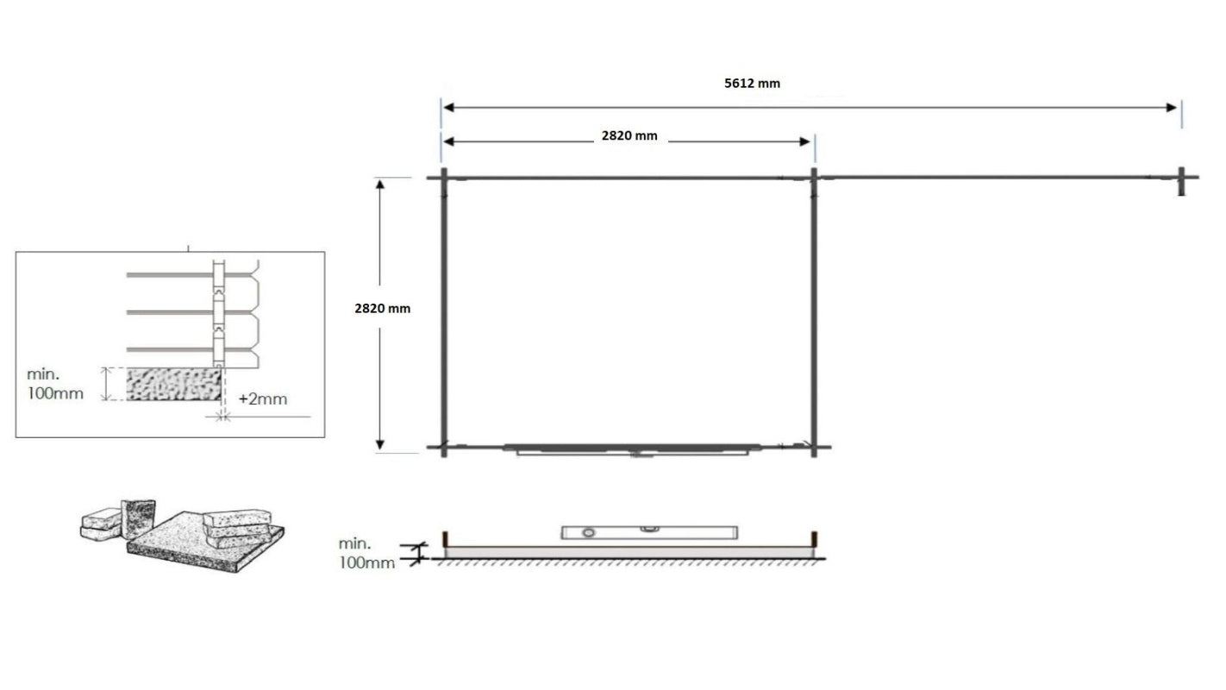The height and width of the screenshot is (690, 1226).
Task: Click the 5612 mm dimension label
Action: pyautogui.click(x=752, y=84)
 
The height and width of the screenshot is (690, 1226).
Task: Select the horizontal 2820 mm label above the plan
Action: pyautogui.click(x=629, y=135)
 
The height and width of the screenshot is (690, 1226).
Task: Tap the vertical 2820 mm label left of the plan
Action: pyautogui.click(x=383, y=308)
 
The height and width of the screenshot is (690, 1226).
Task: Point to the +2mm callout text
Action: pyautogui.click(x=262, y=399)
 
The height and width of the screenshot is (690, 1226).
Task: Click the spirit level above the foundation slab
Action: pyautogui.click(x=647, y=531)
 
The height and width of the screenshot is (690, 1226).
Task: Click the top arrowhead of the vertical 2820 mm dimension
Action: pyautogui.click(x=380, y=184)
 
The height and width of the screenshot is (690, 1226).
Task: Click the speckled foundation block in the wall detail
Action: pyautogui.click(x=173, y=383)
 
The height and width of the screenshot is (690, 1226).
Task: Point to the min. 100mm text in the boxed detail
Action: pyautogui.click(x=55, y=384)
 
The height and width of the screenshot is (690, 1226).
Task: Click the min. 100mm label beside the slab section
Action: pyautogui.click(x=366, y=553)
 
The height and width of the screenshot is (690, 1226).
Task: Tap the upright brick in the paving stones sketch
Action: pyautogui.click(x=138, y=518)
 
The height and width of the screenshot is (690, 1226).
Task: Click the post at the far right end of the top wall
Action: pyautogui.click(x=1183, y=180)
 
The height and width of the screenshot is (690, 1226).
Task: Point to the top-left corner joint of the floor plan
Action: pyautogui.click(x=443, y=179)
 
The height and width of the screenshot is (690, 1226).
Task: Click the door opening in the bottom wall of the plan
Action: pyautogui.click(x=634, y=449)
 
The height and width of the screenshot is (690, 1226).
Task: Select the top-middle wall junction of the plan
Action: pyautogui.click(x=813, y=179)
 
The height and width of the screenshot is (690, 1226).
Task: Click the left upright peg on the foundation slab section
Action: pyautogui.click(x=445, y=539)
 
